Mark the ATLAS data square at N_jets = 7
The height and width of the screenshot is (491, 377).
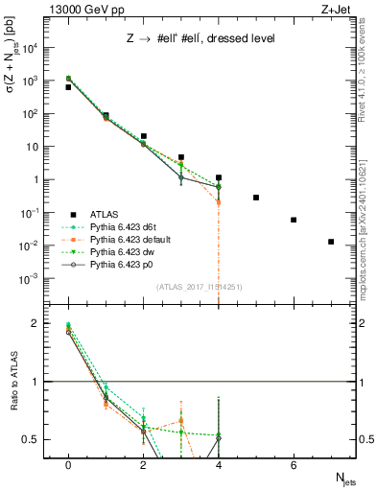click(331, 242)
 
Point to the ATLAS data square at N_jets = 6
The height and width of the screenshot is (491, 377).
click(294, 220)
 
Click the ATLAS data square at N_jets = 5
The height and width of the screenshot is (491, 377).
click(256, 198)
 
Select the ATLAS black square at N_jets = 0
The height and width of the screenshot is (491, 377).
click(68, 87)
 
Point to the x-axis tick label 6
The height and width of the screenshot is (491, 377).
click(294, 464)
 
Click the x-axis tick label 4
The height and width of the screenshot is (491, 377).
click(219, 464)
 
